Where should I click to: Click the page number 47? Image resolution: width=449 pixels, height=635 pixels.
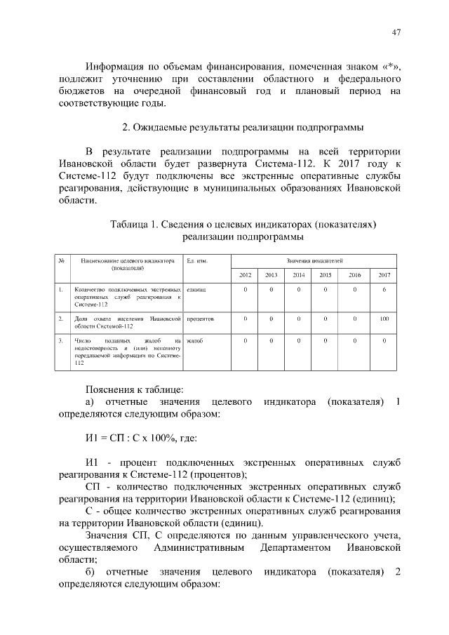coord(396,33)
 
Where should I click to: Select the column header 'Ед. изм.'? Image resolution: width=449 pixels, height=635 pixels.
coord(196,260)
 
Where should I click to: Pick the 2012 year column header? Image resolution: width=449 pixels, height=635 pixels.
coord(245,274)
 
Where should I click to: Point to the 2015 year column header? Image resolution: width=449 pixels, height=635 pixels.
coord(326,274)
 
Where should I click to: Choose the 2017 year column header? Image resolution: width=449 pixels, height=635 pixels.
coord(384,274)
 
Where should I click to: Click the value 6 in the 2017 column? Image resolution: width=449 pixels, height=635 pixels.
coord(384,289)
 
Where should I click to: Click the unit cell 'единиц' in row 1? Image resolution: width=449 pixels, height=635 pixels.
coord(196,289)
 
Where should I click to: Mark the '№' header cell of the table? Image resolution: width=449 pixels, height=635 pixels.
coord(62,260)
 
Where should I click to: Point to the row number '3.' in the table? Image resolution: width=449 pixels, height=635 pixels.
coord(62,341)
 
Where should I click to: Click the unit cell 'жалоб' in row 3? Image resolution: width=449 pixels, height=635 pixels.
coord(195,341)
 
